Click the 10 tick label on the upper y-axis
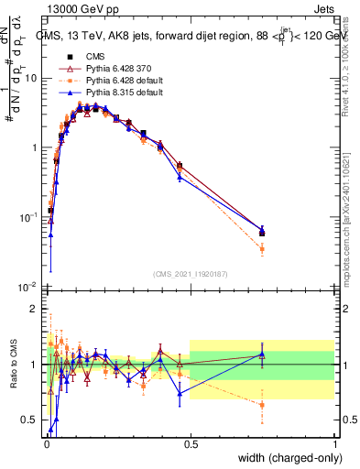(x=31, y=78)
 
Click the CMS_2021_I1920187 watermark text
(x=190, y=273)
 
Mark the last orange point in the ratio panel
(x=262, y=404)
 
